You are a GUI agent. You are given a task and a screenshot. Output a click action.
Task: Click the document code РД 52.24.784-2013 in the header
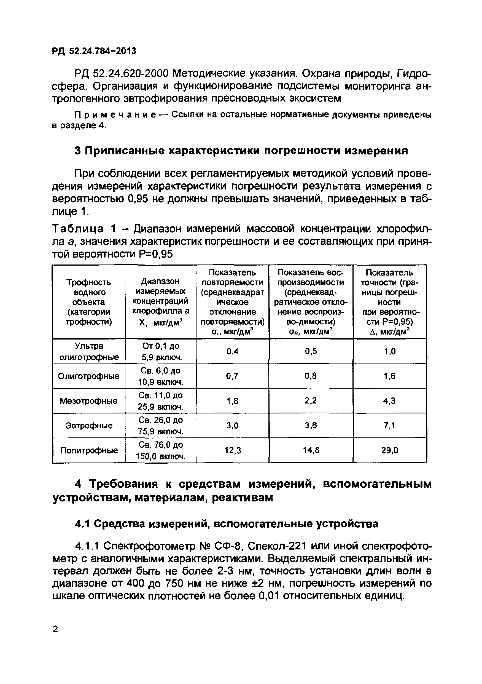coord(94,51)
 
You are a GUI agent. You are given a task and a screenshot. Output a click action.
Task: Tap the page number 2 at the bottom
coord(55,629)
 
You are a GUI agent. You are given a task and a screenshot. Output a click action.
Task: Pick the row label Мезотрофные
coord(88,401)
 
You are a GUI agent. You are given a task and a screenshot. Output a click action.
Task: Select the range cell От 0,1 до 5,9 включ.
coord(161,352)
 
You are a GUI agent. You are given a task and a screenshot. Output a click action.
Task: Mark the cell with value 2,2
coord(311,401)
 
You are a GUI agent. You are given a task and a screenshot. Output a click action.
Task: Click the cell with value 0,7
coord(233,376)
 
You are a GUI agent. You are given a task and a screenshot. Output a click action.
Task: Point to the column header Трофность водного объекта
coord(88,302)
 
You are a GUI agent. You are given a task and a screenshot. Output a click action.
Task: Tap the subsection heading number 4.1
coord(82,524)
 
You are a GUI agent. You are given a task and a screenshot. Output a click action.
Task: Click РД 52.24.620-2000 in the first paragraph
coord(121,73)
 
